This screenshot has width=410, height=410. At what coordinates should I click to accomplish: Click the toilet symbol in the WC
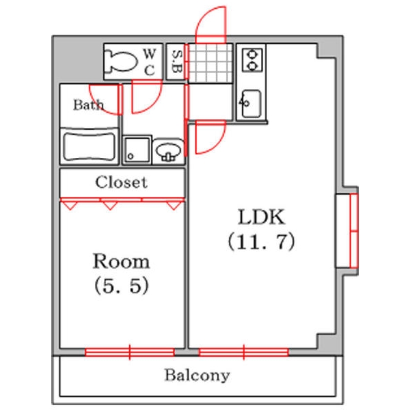[120, 61]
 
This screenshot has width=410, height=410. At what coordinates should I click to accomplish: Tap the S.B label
[177, 61]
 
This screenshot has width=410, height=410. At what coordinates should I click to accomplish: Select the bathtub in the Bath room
[90, 146]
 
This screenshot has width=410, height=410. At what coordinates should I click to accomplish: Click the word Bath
[88, 105]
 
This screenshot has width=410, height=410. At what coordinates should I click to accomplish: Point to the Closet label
[122, 182]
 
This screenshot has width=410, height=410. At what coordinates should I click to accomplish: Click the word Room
[122, 261]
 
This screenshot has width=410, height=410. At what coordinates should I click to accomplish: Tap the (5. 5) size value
[122, 285]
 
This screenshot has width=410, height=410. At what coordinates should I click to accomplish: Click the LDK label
[261, 217]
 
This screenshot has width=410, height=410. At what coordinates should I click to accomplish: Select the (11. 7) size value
[262, 241]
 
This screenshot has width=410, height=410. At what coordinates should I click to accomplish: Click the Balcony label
[197, 375]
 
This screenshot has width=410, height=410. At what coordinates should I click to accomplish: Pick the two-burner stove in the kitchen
[252, 60]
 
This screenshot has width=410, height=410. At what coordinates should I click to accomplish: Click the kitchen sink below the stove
[251, 104]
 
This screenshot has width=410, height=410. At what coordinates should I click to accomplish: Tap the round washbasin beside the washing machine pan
[168, 152]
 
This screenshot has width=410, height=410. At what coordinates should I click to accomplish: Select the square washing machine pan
[137, 150]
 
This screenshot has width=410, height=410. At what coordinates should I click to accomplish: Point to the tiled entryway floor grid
[210, 63]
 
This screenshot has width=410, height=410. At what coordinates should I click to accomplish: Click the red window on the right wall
[354, 231]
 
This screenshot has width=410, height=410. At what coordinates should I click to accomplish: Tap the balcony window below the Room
[130, 352]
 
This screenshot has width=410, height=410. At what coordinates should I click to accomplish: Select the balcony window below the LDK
[244, 352]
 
